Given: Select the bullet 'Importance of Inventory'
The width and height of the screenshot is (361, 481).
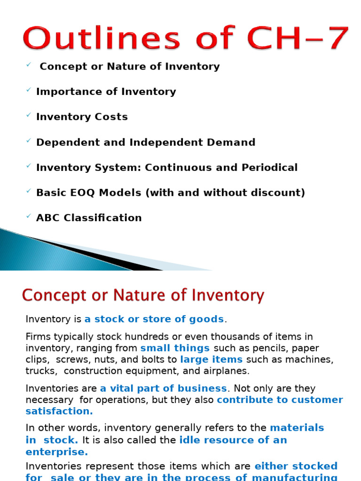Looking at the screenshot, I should point(106,92).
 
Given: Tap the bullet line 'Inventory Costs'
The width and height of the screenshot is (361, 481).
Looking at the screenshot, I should point(82,117).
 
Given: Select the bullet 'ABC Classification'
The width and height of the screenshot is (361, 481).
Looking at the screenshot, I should point(89,218).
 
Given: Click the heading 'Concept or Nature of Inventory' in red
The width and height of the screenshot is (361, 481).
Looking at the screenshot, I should point(143,296).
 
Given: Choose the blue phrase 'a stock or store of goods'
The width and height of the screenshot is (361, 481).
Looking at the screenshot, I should point(154,319).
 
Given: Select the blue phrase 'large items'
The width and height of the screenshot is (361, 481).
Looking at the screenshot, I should point(212,359).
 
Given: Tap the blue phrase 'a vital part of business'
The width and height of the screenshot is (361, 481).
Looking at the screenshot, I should point(164,388).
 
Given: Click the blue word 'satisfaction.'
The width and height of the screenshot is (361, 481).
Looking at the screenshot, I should point(59,411).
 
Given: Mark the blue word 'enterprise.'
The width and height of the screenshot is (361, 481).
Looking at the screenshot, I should point(57,452).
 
